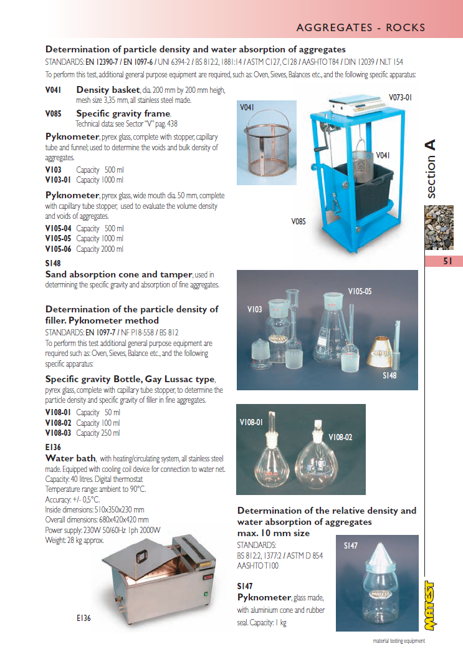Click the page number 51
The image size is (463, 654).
point(447,262)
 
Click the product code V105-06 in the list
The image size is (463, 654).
point(58,249)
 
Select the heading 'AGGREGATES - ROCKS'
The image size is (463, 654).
point(361,27)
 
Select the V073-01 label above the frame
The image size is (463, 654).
point(400,97)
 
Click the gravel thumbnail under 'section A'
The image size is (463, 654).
point(439,228)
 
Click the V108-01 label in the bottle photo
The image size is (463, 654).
point(252,423)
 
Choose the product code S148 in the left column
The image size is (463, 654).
point(53,264)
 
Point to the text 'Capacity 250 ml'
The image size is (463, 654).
point(98,433)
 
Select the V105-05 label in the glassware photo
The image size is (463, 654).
point(360,291)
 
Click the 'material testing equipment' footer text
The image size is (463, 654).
point(399,641)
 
